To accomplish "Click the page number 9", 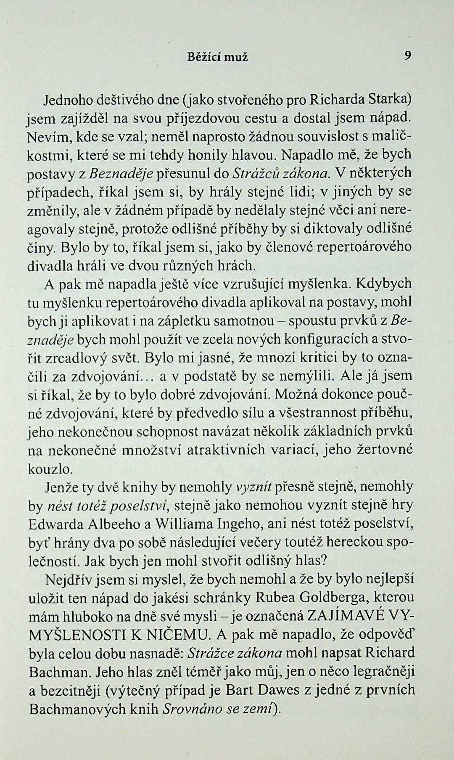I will pos(407,56).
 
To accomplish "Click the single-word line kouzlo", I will pos(45,469).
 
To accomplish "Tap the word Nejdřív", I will pos(68,580).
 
